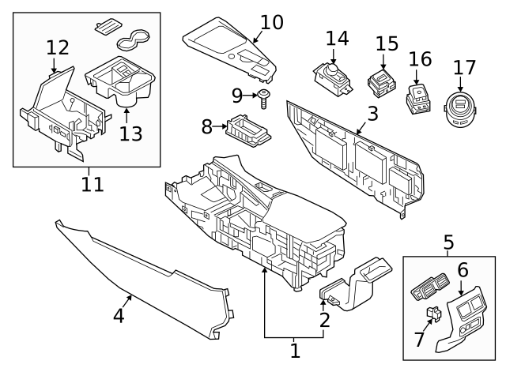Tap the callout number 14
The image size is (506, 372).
[337, 38]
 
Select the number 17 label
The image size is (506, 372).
[464, 68]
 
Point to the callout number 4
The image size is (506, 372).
[119, 316]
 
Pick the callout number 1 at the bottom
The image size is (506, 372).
[295, 350]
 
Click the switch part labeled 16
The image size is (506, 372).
[417, 99]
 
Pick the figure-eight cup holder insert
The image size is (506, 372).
[135, 37]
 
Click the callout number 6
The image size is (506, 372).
[463, 270]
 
